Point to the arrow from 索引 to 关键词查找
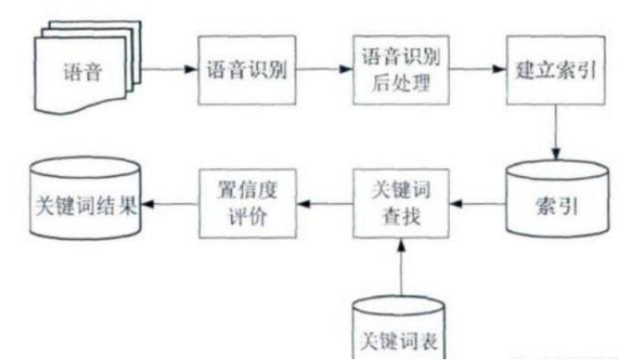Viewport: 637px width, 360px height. (477, 205)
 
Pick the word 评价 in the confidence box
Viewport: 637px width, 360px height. (246, 217)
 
